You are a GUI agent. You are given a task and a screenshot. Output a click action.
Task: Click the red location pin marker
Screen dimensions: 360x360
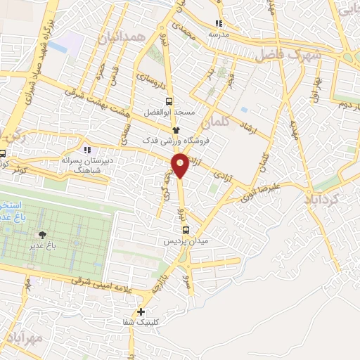[181, 165]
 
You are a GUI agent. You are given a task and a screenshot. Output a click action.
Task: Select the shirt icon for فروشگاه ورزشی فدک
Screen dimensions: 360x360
[176, 131]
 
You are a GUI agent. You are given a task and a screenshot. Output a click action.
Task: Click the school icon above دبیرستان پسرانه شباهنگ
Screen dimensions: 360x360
[87, 149]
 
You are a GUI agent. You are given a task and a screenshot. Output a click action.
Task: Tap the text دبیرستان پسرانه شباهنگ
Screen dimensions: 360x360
[84, 165]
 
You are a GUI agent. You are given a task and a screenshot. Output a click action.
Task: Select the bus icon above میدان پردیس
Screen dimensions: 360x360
[186, 229]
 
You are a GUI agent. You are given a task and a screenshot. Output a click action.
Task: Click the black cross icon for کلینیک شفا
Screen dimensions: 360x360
[141, 311]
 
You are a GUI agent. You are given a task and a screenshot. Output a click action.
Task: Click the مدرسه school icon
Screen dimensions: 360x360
[219, 22]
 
